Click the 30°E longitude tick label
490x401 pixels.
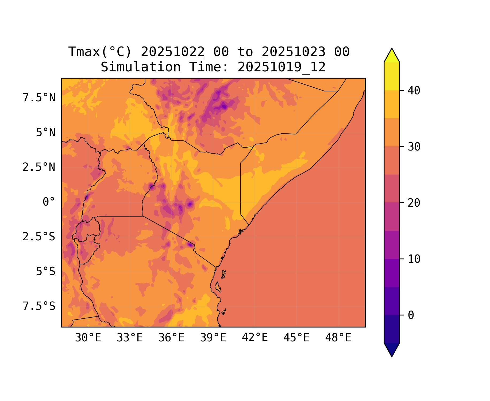point(88,338)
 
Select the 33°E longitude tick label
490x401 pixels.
point(130,338)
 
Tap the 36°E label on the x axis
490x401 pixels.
point(171,338)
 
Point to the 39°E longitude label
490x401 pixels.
point(213,338)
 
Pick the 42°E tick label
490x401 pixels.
point(255,338)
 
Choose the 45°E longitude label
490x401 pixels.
point(296,338)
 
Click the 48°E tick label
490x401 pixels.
point(338,338)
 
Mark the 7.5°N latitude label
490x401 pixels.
point(39,98)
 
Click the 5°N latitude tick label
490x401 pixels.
point(46,133)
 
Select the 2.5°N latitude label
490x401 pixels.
point(39,167)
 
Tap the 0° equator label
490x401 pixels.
point(49,202)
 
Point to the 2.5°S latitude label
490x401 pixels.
point(39,237)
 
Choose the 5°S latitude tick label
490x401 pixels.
point(46,272)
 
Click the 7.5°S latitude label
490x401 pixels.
point(39,306)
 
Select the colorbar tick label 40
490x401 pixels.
point(414,91)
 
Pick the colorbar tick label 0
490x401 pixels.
point(411,315)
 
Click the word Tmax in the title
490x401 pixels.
point(84,52)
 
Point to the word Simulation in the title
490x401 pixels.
point(141,67)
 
